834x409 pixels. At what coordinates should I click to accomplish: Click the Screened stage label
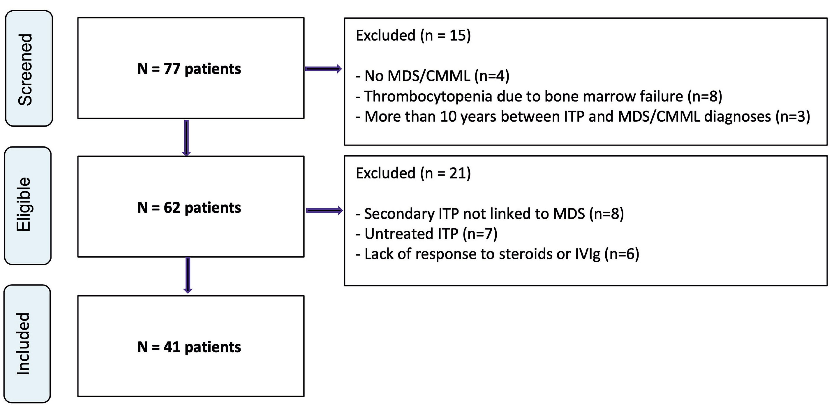[x=25, y=70]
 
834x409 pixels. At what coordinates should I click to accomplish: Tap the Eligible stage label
[x=24, y=204]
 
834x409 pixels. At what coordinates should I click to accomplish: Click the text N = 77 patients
[x=189, y=69]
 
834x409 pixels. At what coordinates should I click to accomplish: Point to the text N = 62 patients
[x=189, y=208]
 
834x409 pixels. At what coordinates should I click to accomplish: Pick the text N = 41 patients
[x=189, y=347]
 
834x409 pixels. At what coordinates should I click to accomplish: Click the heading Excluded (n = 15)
[x=413, y=35]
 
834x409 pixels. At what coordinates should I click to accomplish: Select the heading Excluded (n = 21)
[x=413, y=173]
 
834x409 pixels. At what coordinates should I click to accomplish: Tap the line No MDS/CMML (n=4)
[x=433, y=76]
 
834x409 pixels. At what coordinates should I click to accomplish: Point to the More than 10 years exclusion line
[x=583, y=116]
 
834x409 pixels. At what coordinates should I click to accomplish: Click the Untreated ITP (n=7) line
[x=426, y=234]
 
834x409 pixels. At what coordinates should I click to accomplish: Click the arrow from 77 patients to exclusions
[x=323, y=69]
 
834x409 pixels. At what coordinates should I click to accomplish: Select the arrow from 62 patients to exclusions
[x=325, y=211]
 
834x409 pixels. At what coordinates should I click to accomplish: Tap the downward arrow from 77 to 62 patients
[x=186, y=138]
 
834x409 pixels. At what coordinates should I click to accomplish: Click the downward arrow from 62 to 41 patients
[x=188, y=275]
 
